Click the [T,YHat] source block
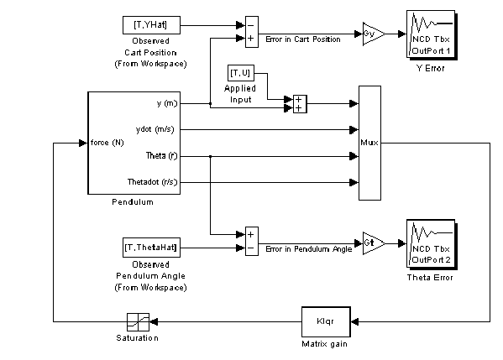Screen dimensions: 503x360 151,25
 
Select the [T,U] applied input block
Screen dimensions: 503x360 241,73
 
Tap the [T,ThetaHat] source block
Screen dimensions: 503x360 151,248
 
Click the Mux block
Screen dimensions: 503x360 369,143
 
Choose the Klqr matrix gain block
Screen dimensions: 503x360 326,322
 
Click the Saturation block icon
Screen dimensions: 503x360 138,322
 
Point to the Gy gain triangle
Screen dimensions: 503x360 374,34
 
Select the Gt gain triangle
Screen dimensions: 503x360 374,243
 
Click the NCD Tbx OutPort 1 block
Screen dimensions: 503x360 432,34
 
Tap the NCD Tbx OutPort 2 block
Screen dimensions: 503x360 432,244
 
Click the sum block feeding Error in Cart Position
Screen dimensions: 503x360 252,32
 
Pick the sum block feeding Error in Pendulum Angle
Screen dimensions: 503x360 252,241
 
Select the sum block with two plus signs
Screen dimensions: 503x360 301,104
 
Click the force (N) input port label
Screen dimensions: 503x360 107,143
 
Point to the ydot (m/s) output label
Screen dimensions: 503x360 155,129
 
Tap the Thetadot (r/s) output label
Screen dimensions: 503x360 152,182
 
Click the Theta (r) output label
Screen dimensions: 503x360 162,156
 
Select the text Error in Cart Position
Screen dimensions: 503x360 303,39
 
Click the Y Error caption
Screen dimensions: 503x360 431,68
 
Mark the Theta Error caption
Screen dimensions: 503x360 430,278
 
